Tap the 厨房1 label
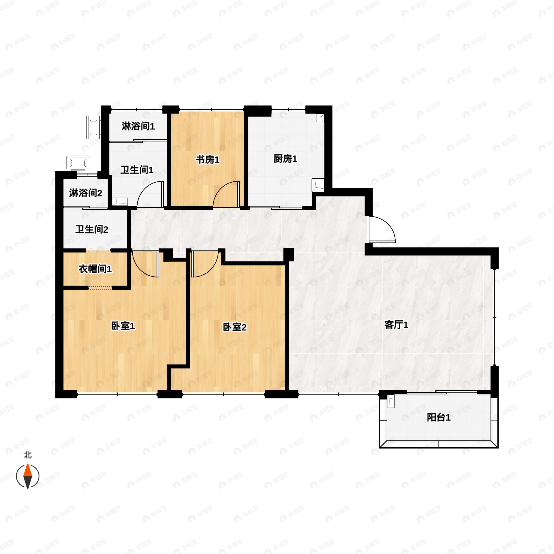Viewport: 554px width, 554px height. click(x=285, y=159)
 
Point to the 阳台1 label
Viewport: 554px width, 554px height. click(x=439, y=418)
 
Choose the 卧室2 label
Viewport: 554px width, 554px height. click(x=235, y=327)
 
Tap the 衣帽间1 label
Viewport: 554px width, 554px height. click(x=95, y=269)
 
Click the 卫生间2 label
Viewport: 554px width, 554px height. click(x=92, y=229)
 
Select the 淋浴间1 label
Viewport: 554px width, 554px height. click(x=138, y=126)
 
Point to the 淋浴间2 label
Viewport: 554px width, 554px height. click(x=85, y=193)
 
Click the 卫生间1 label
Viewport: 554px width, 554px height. click(x=137, y=170)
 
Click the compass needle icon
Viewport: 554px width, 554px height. click(x=27, y=476)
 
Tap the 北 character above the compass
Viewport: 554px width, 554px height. click(x=27, y=455)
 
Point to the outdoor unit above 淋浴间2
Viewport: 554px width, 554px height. click(x=78, y=163)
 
